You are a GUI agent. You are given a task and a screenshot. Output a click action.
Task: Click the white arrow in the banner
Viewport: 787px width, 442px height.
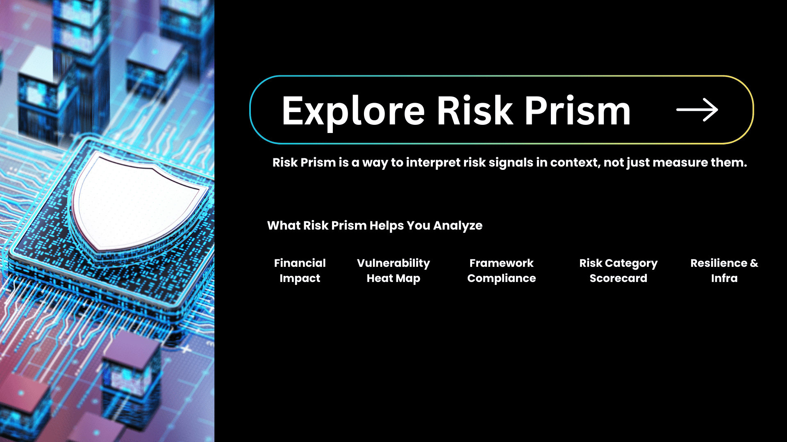pyautogui.click(x=697, y=110)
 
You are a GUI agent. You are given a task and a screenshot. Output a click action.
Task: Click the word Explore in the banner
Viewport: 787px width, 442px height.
pyautogui.click(x=353, y=111)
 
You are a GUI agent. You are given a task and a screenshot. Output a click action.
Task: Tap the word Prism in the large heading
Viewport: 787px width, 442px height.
pyautogui.click(x=578, y=110)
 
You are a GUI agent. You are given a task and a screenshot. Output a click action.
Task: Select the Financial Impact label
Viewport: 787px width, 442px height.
pyautogui.click(x=300, y=271)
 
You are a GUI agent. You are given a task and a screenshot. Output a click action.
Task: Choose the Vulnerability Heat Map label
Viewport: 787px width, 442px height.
pyautogui.click(x=393, y=271)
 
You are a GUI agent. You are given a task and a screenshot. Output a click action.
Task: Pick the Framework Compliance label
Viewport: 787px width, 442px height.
pyautogui.click(x=501, y=271)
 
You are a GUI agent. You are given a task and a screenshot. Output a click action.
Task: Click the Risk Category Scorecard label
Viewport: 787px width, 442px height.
pyautogui.click(x=618, y=271)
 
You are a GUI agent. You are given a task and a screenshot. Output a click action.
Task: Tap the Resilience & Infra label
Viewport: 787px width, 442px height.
pyautogui.click(x=724, y=271)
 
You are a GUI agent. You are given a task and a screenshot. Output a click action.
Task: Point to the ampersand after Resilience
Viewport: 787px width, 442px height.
pyautogui.click(x=754, y=263)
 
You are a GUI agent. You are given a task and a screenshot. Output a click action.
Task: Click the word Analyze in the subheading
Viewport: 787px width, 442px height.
pyautogui.click(x=458, y=226)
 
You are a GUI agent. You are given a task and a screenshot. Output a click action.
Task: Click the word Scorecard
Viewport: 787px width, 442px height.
pyautogui.click(x=618, y=278)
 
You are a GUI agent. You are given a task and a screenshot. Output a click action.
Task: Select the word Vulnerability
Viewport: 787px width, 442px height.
pyautogui.click(x=393, y=263)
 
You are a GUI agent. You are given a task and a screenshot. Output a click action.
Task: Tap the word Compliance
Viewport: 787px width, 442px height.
pyautogui.click(x=501, y=279)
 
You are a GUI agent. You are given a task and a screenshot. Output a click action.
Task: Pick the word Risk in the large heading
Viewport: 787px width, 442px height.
pyautogui.click(x=475, y=110)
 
